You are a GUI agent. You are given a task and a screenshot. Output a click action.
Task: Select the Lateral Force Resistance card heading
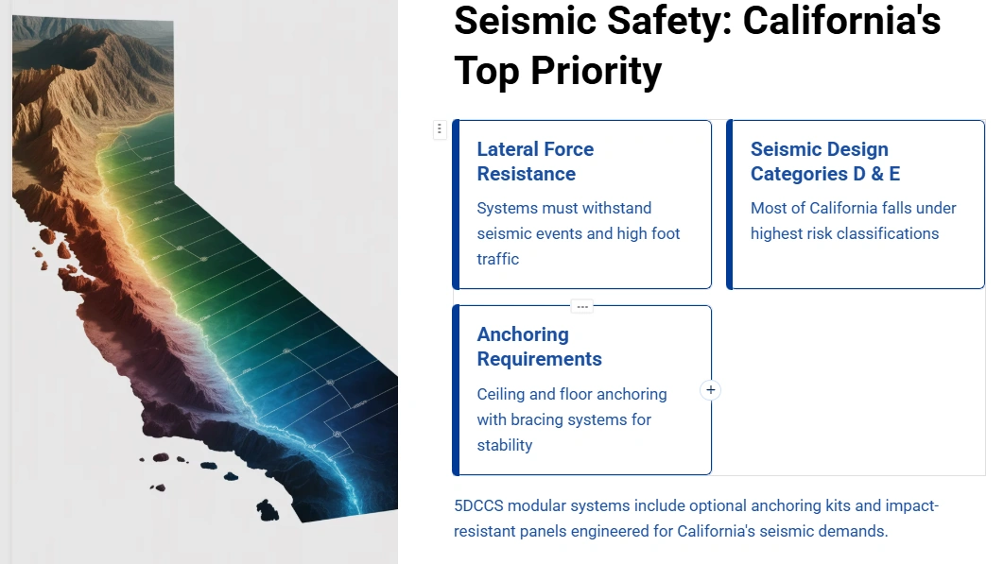pos(535,162)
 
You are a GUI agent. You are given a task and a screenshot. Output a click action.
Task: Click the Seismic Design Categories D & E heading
pos(824,162)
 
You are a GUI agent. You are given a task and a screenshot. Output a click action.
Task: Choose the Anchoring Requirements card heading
pos(539,347)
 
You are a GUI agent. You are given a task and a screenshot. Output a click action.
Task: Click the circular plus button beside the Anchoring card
pos(711,390)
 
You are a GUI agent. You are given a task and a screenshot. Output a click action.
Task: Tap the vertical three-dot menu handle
pos(440,129)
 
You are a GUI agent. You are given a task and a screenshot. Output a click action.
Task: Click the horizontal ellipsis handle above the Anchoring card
pos(582,306)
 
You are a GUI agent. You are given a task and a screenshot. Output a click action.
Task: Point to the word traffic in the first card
pos(497,259)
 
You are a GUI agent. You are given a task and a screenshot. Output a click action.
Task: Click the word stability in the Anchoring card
pos(504,445)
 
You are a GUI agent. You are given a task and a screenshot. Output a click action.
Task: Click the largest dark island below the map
pos(268,511)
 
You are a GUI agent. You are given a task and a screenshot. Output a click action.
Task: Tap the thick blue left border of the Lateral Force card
pos(456,204)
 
